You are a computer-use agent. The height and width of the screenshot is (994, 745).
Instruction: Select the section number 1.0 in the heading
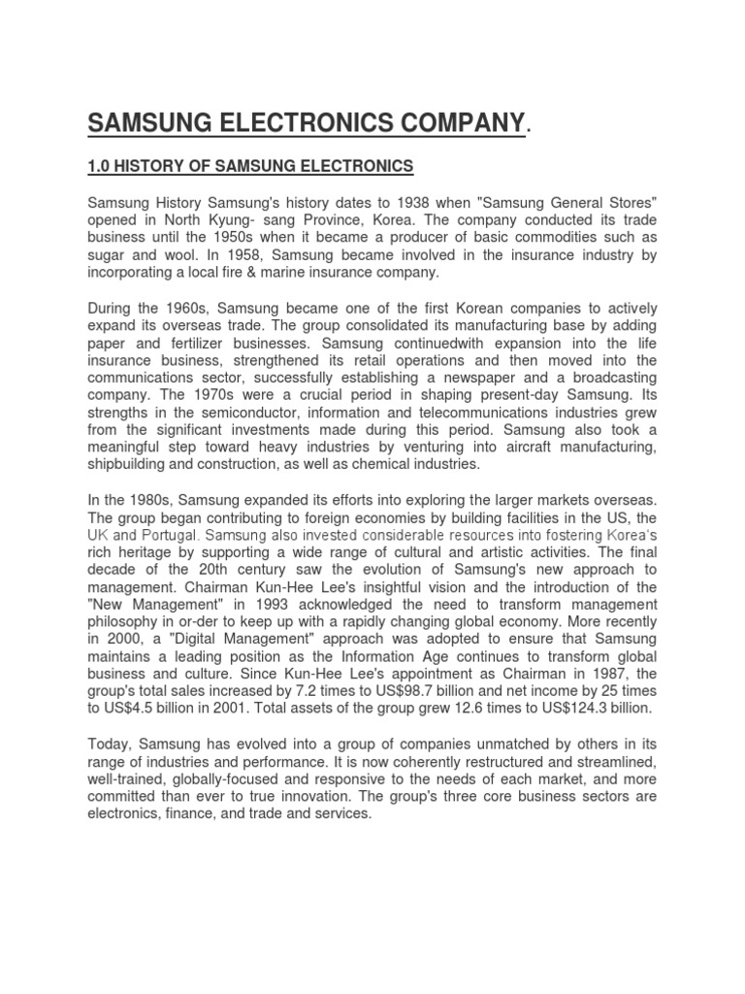[101, 167]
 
